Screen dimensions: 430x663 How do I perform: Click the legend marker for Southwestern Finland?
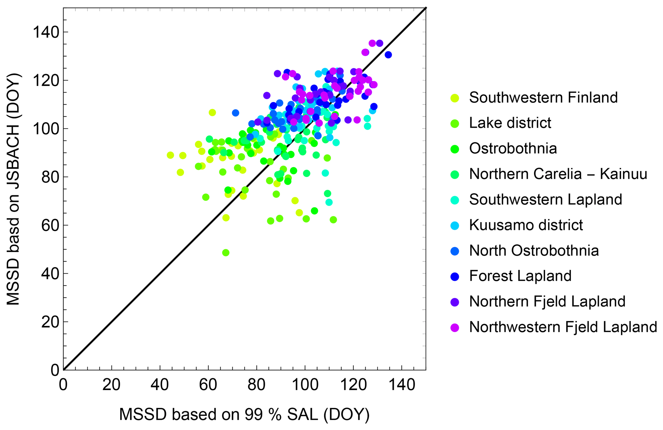(455, 98)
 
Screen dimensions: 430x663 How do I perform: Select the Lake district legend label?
(510, 123)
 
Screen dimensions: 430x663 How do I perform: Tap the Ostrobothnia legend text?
(513, 149)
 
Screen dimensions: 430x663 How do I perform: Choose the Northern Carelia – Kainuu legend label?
(558, 174)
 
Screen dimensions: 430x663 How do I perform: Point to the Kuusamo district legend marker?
(455, 225)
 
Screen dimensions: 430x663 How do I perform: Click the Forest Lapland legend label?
(520, 276)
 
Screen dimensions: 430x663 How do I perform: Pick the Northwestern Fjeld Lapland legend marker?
(455, 327)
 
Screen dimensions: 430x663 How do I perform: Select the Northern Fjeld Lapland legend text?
(547, 302)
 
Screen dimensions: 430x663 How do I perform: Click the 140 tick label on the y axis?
(46, 32)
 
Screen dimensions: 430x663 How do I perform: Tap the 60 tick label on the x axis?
(208, 384)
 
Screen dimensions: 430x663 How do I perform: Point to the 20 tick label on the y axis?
(50, 322)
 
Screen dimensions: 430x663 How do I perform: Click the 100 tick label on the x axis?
(305, 384)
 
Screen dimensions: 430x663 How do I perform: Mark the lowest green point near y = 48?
(226, 252)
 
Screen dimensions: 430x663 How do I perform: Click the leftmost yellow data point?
(170, 155)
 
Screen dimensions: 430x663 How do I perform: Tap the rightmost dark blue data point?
(388, 55)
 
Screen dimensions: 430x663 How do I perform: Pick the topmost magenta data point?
(372, 43)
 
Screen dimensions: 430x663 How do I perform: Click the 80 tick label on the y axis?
(50, 177)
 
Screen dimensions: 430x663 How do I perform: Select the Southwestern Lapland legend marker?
(455, 200)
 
